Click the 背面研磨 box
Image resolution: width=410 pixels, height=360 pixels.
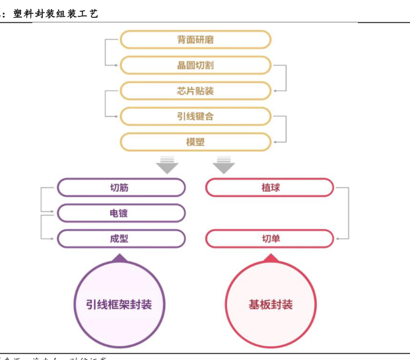pyautogui.click(x=195, y=40)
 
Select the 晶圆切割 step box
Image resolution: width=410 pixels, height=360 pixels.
pyautogui.click(x=195, y=65)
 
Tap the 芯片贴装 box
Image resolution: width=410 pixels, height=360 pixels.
pyautogui.click(x=195, y=90)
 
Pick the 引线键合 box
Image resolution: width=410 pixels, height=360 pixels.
pyautogui.click(x=195, y=116)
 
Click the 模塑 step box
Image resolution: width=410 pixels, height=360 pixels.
pyautogui.click(x=195, y=141)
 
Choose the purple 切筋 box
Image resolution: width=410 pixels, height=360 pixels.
pyautogui.click(x=121, y=188)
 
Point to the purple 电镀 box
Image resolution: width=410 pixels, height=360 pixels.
pyautogui.click(x=121, y=213)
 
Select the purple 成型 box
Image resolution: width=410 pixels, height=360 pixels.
pyautogui.click(x=121, y=238)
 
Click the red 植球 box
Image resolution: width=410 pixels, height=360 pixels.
pyautogui.click(x=270, y=188)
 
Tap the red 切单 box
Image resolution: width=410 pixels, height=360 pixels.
pyautogui.click(x=270, y=238)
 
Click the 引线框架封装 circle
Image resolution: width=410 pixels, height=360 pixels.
pyautogui.click(x=119, y=305)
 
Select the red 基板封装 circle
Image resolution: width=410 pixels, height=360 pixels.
pyautogui.click(x=271, y=305)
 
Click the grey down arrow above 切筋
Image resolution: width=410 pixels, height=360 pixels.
pyautogui.click(x=167, y=164)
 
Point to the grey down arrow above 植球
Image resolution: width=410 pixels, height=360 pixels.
pyautogui.click(x=224, y=164)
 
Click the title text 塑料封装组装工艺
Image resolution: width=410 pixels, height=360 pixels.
pyautogui.click(x=55, y=13)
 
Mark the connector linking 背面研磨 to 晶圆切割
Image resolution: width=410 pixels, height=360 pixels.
pyautogui.click(x=106, y=52)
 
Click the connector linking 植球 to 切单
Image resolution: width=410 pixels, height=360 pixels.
pyautogui.click(x=347, y=213)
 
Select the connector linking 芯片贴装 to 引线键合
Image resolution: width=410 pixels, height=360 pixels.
pyautogui.click(x=106, y=103)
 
